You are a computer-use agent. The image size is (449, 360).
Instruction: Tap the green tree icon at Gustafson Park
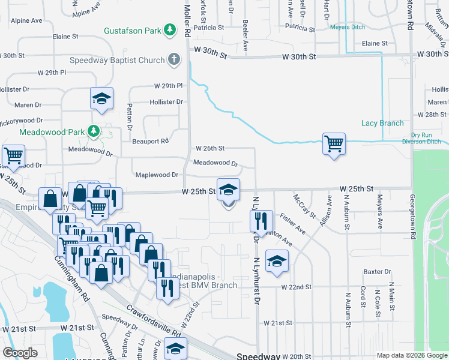(171, 29)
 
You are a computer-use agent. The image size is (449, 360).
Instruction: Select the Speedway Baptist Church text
(133, 60)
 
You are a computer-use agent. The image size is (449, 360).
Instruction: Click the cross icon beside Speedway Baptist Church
(174, 59)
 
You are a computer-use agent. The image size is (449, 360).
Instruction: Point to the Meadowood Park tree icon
(94, 131)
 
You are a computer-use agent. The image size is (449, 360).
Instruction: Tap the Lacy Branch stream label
(382, 123)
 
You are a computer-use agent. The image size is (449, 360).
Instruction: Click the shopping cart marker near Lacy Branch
(334, 143)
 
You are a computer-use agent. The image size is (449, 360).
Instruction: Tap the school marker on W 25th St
(228, 190)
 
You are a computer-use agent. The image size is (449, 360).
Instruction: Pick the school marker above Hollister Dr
(101, 98)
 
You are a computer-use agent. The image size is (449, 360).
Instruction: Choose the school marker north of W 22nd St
(277, 261)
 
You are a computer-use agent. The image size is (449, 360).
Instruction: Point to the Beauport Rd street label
(151, 141)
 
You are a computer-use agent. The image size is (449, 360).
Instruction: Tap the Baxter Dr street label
(377, 272)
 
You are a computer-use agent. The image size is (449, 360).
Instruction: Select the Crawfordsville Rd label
(154, 322)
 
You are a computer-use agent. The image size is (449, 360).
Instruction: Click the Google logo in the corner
(20, 353)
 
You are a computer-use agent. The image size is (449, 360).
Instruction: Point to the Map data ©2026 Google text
(411, 355)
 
